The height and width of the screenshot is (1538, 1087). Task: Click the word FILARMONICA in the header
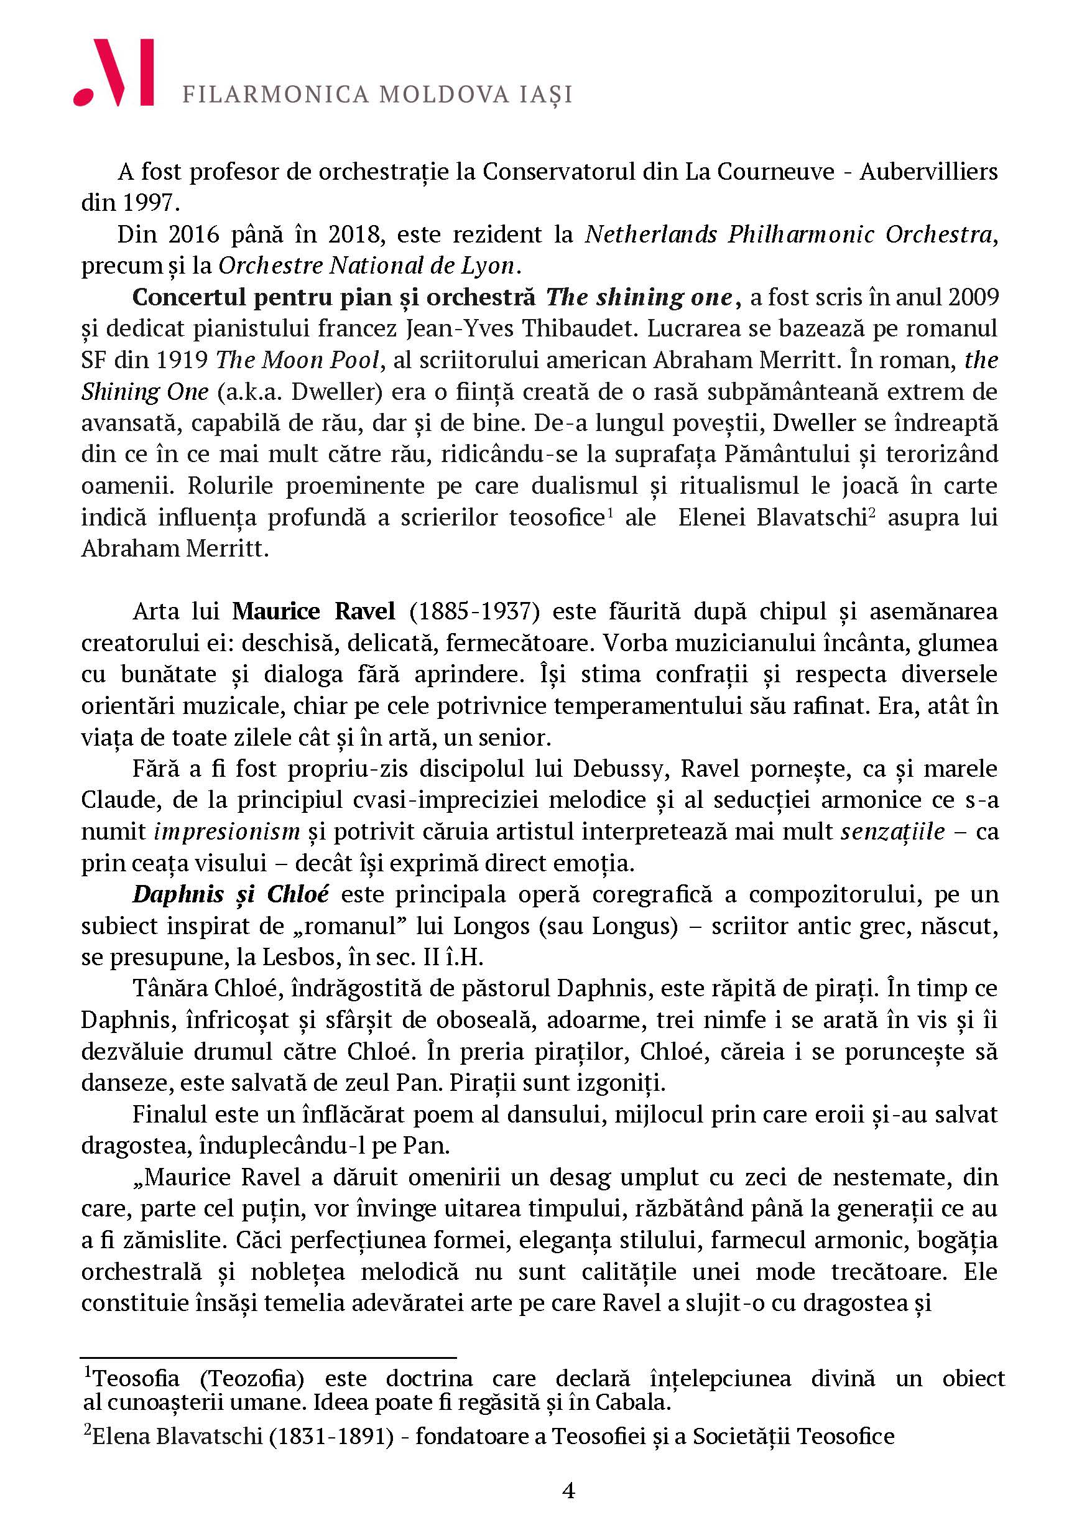coord(275,95)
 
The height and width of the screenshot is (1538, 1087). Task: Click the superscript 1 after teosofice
coord(610,512)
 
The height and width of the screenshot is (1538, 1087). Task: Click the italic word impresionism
coord(227,832)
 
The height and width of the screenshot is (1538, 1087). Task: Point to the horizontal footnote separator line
coord(268,1358)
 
